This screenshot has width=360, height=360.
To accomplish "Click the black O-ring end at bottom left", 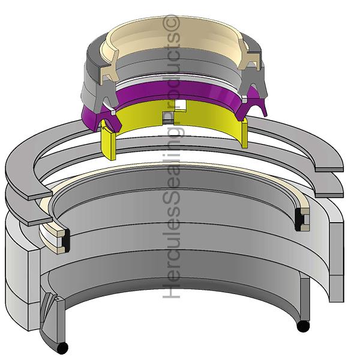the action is tap(62, 348).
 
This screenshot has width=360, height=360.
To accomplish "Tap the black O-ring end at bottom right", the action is tap(303, 326).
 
